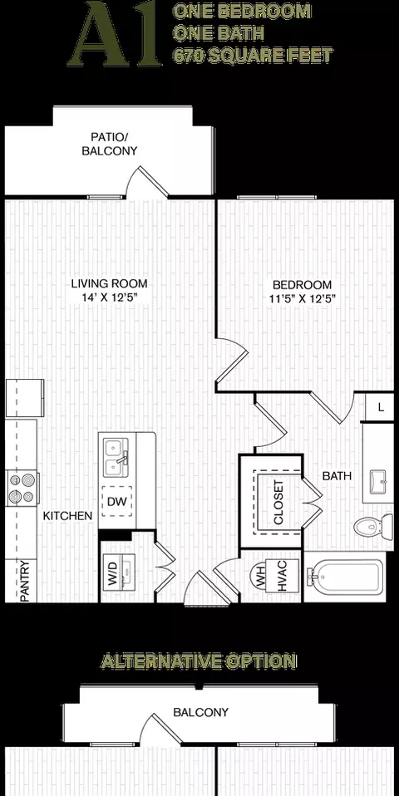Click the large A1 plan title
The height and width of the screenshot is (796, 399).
114,33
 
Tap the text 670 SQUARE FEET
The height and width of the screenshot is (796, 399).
253,56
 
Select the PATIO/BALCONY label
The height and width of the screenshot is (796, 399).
110,144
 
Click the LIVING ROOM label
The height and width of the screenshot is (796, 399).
109,283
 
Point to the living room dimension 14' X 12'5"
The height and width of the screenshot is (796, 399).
111,297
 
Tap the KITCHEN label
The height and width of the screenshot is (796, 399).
67,516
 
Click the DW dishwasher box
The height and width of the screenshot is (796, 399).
116,502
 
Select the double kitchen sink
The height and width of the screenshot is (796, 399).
116,459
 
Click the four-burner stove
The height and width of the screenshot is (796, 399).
22,488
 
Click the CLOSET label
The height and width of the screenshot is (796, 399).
278,503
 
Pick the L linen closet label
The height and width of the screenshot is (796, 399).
382,407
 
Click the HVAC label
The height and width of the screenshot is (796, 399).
283,576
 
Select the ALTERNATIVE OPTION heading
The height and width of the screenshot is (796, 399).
199,661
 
